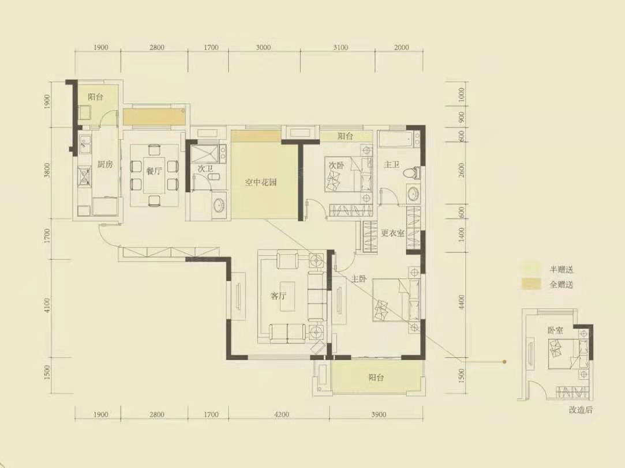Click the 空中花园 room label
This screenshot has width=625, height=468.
(x=261, y=183)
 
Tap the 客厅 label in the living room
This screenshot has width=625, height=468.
(x=278, y=296)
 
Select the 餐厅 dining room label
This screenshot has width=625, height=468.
(x=154, y=171)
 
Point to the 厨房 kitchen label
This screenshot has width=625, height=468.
(x=105, y=164)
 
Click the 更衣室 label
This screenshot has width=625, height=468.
(x=392, y=233)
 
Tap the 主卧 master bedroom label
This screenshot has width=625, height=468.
(x=359, y=279)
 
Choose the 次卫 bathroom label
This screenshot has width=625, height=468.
(x=205, y=169)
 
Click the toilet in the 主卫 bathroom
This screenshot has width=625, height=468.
(x=412, y=172)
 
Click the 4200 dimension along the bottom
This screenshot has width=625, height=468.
(x=282, y=414)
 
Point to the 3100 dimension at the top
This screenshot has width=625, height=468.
(x=340, y=47)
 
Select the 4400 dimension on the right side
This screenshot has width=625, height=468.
(x=462, y=302)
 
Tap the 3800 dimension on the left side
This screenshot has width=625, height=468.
(x=47, y=171)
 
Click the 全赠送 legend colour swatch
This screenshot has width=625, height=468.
(x=531, y=284)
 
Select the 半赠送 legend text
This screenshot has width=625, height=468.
(x=561, y=269)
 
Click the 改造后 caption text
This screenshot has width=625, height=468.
(x=581, y=410)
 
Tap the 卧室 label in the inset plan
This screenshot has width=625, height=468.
(x=555, y=330)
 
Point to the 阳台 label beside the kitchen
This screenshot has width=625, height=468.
(x=95, y=97)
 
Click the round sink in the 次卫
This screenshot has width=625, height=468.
(x=218, y=205)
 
